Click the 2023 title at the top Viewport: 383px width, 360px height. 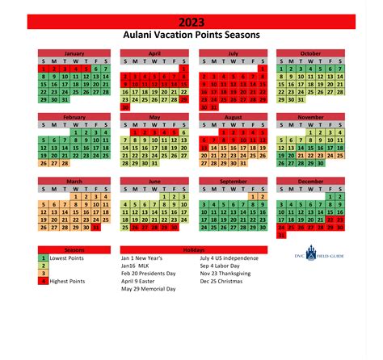191,22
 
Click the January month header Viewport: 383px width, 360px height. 74,52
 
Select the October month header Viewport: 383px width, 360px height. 310,52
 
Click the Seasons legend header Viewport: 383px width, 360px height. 57,250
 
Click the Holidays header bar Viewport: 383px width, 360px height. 191,250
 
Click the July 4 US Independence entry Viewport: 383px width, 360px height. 242,259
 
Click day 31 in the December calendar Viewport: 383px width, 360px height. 281,236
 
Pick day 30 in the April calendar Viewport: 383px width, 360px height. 125,106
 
